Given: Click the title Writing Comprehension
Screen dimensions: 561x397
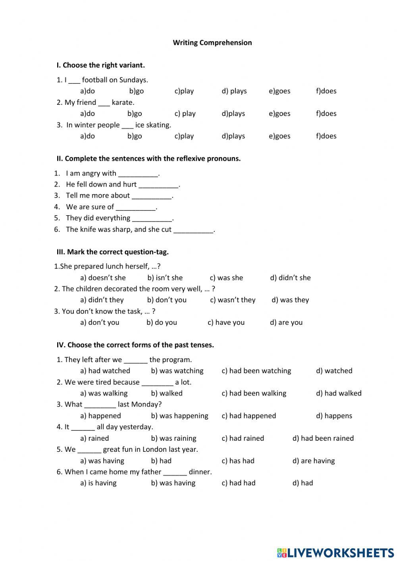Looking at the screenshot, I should click(212, 42).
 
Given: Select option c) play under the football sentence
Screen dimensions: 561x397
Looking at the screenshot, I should click(184, 91).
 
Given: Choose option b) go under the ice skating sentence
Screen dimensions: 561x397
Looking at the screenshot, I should click(135, 136).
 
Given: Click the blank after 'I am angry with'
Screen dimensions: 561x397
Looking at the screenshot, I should click(138, 174).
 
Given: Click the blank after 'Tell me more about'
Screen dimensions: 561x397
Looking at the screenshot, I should click(152, 196).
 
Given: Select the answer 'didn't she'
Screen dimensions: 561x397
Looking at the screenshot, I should click(290, 278).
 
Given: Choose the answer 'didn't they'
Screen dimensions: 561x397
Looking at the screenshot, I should click(102, 300).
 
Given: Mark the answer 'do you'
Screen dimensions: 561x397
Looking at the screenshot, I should click(162, 322).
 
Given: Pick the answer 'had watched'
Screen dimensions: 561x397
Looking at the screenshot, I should click(105, 371).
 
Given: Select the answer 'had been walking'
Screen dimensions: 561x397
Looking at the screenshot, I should click(254, 393).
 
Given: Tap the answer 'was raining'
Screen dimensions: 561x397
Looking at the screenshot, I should click(173, 438).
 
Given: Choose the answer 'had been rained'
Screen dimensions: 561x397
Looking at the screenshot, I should click(323, 438).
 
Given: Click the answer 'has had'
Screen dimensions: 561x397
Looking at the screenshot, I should click(238, 461).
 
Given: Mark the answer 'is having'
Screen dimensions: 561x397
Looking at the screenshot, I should click(98, 483).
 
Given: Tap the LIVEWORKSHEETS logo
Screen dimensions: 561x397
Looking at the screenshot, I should click(335, 552).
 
